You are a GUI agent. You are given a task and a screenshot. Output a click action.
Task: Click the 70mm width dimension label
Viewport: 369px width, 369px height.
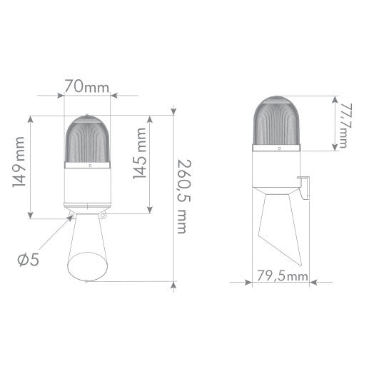86,86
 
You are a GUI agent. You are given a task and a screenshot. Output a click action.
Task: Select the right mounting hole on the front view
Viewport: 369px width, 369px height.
103,216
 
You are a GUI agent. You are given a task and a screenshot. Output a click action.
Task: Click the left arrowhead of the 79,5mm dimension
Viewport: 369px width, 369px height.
250,282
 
